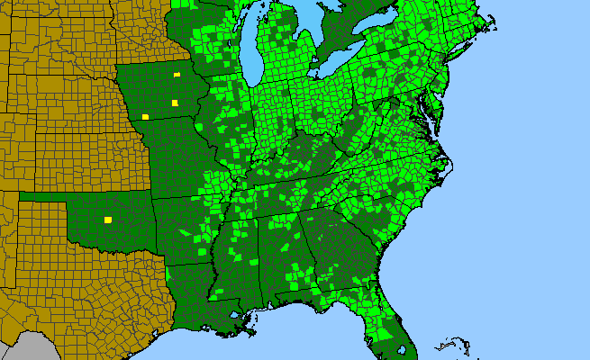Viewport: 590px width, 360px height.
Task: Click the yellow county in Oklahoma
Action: click(x=108, y=220)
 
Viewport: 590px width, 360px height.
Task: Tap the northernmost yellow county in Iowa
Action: click(x=177, y=75)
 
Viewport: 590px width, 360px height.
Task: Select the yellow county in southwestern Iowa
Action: click(x=145, y=117)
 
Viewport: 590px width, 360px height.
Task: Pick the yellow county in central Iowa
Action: click(x=175, y=103)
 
